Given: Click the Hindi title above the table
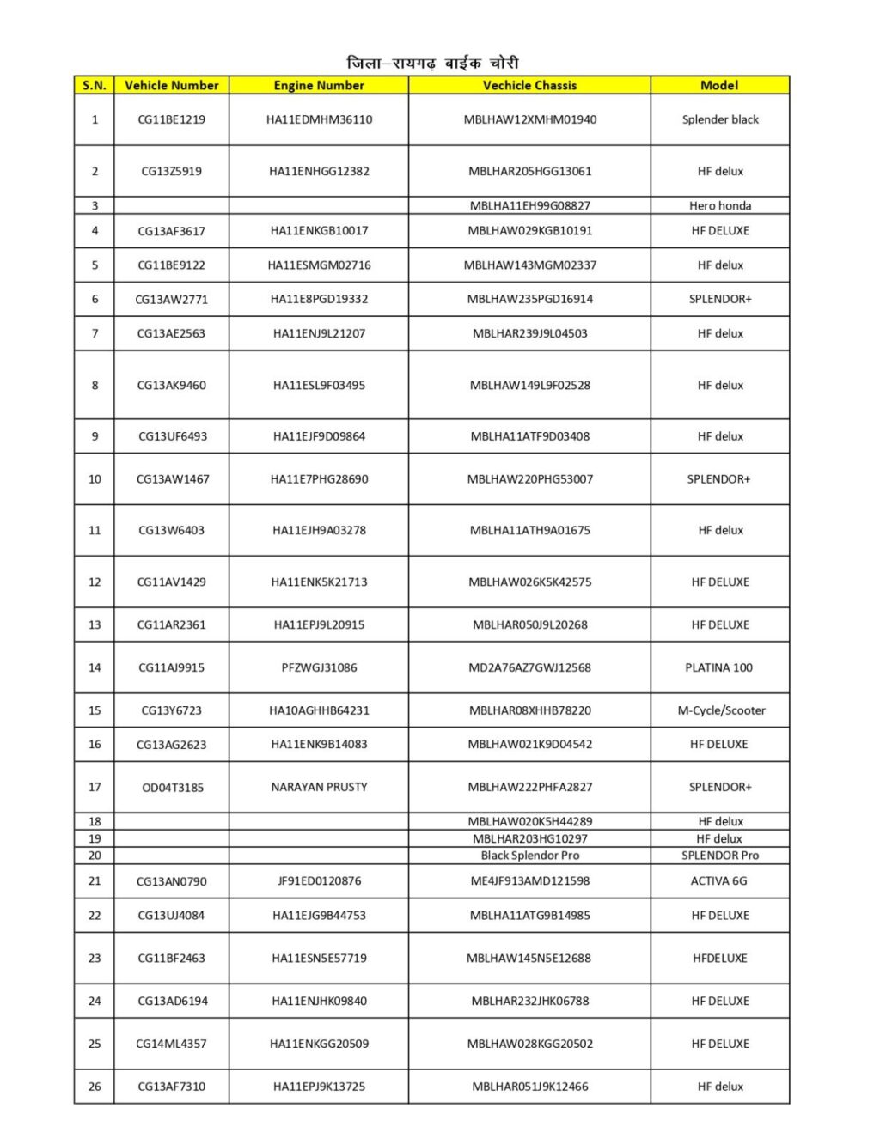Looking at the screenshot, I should click(x=432, y=63).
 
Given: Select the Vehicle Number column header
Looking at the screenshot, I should click(x=172, y=85).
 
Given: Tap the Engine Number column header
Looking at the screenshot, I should click(x=319, y=85).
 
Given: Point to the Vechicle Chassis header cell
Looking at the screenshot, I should click(x=529, y=85).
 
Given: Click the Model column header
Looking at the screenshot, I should click(x=719, y=85).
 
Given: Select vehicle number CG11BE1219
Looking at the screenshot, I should click(x=172, y=119).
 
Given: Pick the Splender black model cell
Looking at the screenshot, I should click(x=720, y=119).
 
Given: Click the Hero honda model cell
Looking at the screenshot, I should click(x=720, y=205).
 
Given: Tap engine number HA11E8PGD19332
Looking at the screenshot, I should click(x=319, y=299).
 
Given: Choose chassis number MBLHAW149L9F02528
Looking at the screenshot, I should click(x=529, y=385).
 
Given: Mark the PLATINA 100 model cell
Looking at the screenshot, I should click(x=719, y=667).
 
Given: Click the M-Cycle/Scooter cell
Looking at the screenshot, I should click(x=721, y=710).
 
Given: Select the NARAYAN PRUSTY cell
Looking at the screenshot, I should click(x=319, y=787).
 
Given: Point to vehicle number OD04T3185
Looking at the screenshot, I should click(x=173, y=787).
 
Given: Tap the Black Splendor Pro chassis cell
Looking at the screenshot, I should click(x=529, y=856).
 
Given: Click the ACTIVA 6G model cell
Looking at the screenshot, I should click(x=719, y=880).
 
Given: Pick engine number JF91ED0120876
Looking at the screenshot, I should click(x=319, y=880).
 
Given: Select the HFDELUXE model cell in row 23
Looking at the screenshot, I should click(x=720, y=958).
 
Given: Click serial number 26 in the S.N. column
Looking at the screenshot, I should click(x=95, y=1087).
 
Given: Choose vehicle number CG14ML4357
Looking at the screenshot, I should click(x=172, y=1044).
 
